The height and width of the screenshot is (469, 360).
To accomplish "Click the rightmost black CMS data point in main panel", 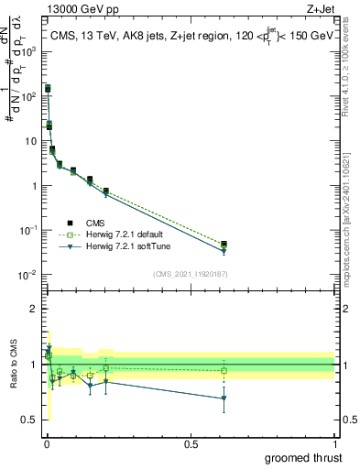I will tap(224, 244).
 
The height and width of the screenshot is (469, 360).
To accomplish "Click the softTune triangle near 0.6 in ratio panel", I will tap(224, 398).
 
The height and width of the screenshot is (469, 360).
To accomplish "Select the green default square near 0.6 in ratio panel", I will tap(224, 370).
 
